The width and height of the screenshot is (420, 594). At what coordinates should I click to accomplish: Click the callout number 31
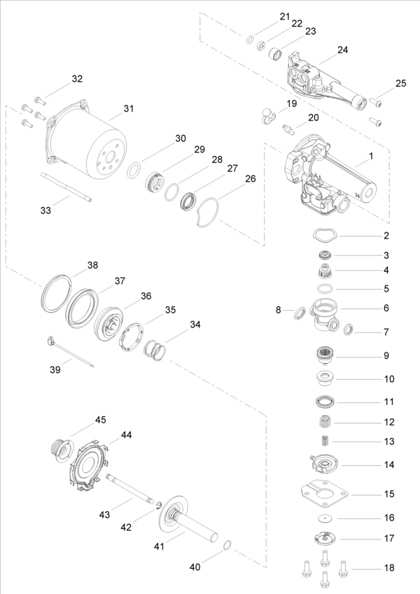tap(129, 108)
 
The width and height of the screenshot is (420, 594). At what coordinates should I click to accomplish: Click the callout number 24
tap(343, 50)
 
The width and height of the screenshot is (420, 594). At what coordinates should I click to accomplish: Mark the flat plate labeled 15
tap(324, 494)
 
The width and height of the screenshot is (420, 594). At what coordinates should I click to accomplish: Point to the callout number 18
tap(389, 567)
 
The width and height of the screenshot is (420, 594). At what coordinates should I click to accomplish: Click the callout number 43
tap(104, 514)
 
